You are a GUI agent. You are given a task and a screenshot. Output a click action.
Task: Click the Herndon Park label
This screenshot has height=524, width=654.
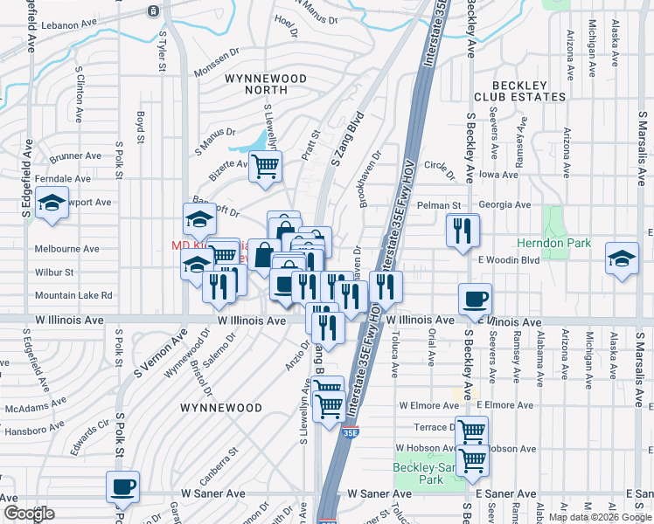coord(566,244)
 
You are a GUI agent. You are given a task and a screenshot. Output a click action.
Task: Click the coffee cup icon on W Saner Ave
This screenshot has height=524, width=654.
coord(122,486)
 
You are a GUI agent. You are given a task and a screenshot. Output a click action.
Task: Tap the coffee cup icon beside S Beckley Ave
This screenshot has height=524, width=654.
coord(476,299)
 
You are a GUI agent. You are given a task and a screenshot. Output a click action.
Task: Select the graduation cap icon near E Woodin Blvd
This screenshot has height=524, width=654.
coord(622,259)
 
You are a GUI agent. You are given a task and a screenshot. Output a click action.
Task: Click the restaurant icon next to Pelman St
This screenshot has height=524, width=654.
coord(462,230)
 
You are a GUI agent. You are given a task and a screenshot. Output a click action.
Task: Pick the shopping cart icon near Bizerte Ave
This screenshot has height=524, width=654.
coord(265,165)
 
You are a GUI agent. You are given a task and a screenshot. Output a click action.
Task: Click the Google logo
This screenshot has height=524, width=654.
coord(28,514)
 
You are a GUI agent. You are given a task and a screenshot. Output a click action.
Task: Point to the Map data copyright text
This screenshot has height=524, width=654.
coord(600,517)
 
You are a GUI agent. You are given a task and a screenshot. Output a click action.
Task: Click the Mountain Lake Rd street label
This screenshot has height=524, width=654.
coord(73,295)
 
